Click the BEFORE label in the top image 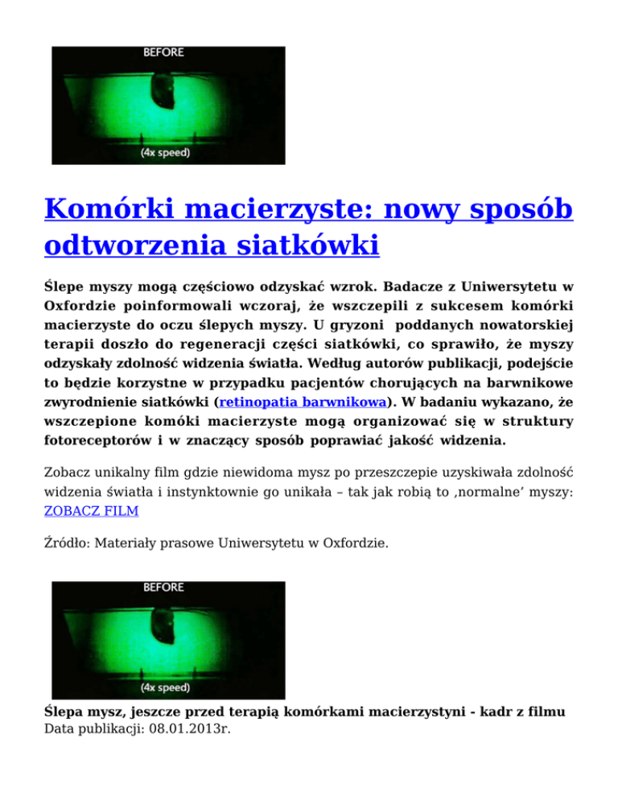[x=163, y=53]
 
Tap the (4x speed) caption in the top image [x=167, y=152]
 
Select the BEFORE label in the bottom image [x=163, y=588]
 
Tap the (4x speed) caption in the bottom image [x=167, y=687]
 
